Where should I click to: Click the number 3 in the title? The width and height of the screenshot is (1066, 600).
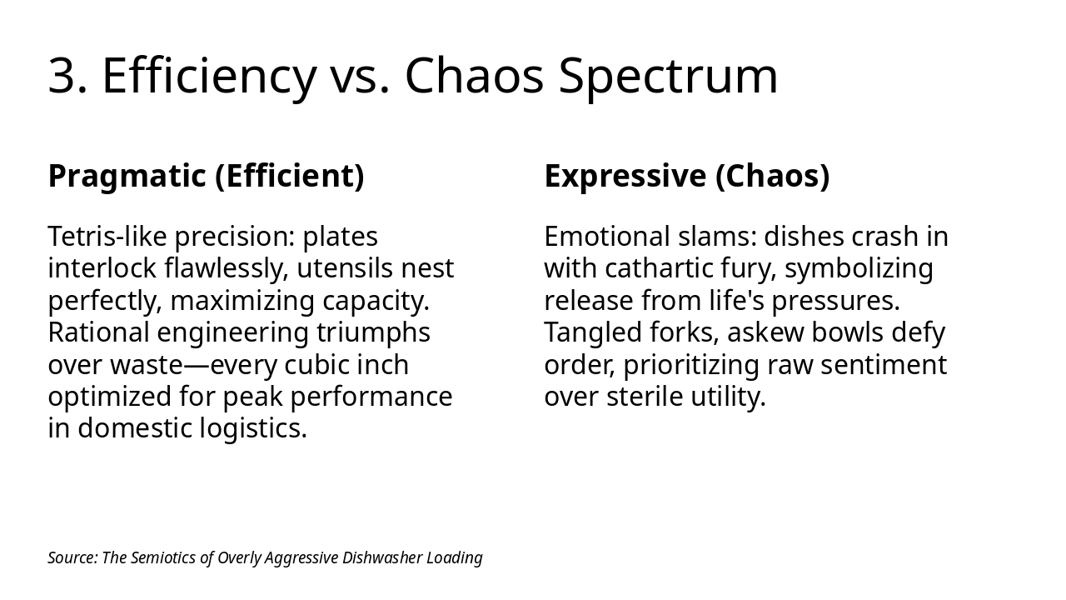61,76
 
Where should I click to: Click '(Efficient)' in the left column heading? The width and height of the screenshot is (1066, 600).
290,176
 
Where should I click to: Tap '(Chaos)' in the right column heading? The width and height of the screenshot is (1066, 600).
773,176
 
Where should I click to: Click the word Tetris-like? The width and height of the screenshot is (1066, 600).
107,236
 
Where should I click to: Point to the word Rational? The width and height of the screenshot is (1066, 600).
99,332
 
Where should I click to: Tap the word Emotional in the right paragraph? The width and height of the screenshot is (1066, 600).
607,236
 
